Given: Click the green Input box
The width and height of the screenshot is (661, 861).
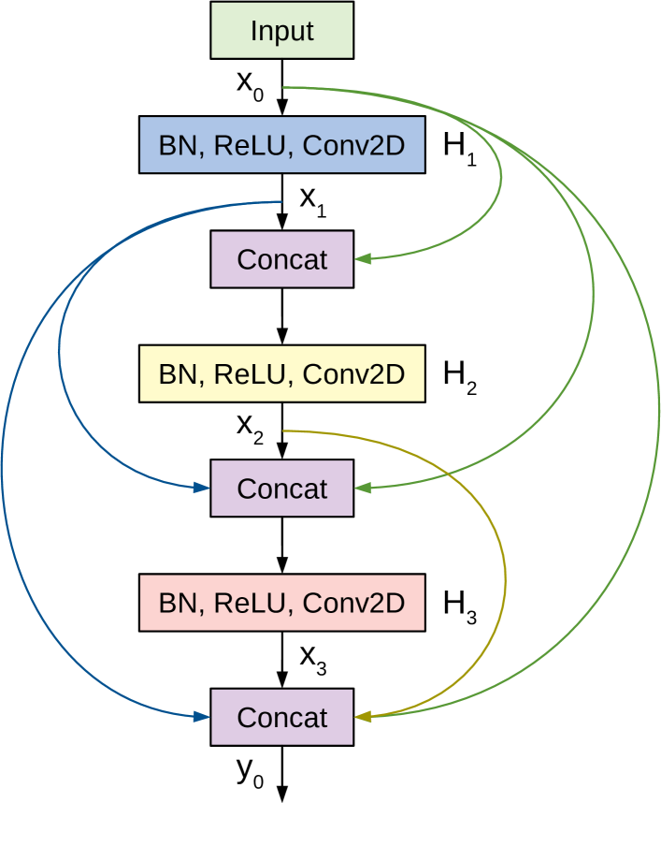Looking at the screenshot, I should pyautogui.click(x=281, y=31).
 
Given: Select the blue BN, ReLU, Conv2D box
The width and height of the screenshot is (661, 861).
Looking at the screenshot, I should pyautogui.click(x=281, y=145).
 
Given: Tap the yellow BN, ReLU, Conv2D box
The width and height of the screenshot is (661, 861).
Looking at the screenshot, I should pyautogui.click(x=281, y=374).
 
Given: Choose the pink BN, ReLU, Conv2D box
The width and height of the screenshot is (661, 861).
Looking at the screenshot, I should pyautogui.click(x=281, y=603).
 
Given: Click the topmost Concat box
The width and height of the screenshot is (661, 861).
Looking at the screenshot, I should pyautogui.click(x=281, y=259).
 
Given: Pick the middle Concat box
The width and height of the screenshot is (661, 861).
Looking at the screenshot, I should pyautogui.click(x=281, y=489).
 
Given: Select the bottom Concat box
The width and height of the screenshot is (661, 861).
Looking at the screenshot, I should pyautogui.click(x=281, y=718).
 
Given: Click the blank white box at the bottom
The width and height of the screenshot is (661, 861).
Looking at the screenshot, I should pyautogui.click(x=281, y=831).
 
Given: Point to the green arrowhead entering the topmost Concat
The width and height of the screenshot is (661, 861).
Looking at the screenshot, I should pyautogui.click(x=363, y=258).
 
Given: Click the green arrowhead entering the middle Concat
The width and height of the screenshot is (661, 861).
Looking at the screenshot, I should pyautogui.click(x=363, y=488).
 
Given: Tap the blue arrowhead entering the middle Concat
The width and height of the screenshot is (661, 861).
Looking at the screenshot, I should pyautogui.click(x=201, y=488).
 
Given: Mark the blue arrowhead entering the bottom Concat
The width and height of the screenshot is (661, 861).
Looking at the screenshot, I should pyautogui.click(x=201, y=717).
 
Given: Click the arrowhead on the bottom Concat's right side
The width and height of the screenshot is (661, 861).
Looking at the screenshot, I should pyautogui.click(x=363, y=717).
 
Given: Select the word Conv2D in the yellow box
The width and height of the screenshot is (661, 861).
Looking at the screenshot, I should pyautogui.click(x=353, y=374).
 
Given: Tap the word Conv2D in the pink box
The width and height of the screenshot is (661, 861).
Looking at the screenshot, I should pyautogui.click(x=353, y=603).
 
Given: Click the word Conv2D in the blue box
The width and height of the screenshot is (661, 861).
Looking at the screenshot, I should pyautogui.click(x=353, y=145).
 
